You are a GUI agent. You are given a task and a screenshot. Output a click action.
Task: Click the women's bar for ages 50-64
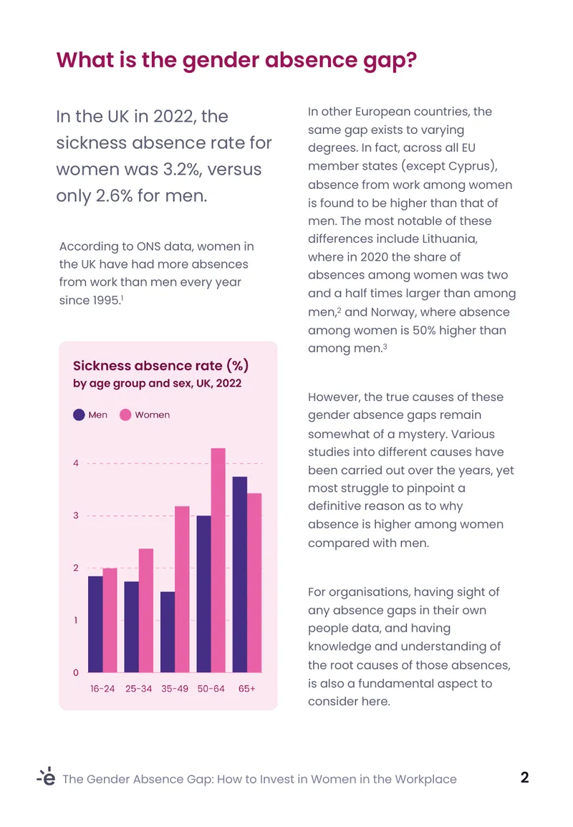coord(218,560)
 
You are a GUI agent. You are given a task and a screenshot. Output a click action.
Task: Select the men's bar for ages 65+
coord(239,574)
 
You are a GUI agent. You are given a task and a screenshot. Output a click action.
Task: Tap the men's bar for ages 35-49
coord(168,632)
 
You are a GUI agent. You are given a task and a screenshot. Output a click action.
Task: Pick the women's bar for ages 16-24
coord(110,620)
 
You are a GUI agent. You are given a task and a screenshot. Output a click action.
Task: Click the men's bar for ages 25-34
coord(131,627)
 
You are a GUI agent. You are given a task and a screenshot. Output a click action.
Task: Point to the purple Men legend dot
coord(79,415)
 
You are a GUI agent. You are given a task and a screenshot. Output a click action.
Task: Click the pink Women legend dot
coord(125,415)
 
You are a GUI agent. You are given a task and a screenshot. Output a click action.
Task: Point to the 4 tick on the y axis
coord(76,463)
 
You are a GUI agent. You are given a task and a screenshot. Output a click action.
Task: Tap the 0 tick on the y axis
coord(76,672)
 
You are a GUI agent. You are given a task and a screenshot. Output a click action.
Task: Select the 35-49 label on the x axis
coord(175,689)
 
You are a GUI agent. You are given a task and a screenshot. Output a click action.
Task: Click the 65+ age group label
coord(247,689)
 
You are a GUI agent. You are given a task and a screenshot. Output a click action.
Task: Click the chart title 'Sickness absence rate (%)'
coord(161,365)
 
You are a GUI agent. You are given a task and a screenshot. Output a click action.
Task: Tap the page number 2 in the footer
coord(524,778)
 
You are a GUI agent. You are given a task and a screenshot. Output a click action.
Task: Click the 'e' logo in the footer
coord(47,776)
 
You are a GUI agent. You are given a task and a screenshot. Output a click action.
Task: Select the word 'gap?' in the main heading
coord(390,61)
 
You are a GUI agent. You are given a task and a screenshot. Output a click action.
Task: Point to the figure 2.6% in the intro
coord(114,195)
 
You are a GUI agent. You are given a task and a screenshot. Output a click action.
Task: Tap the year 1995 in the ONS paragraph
coord(105,300)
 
